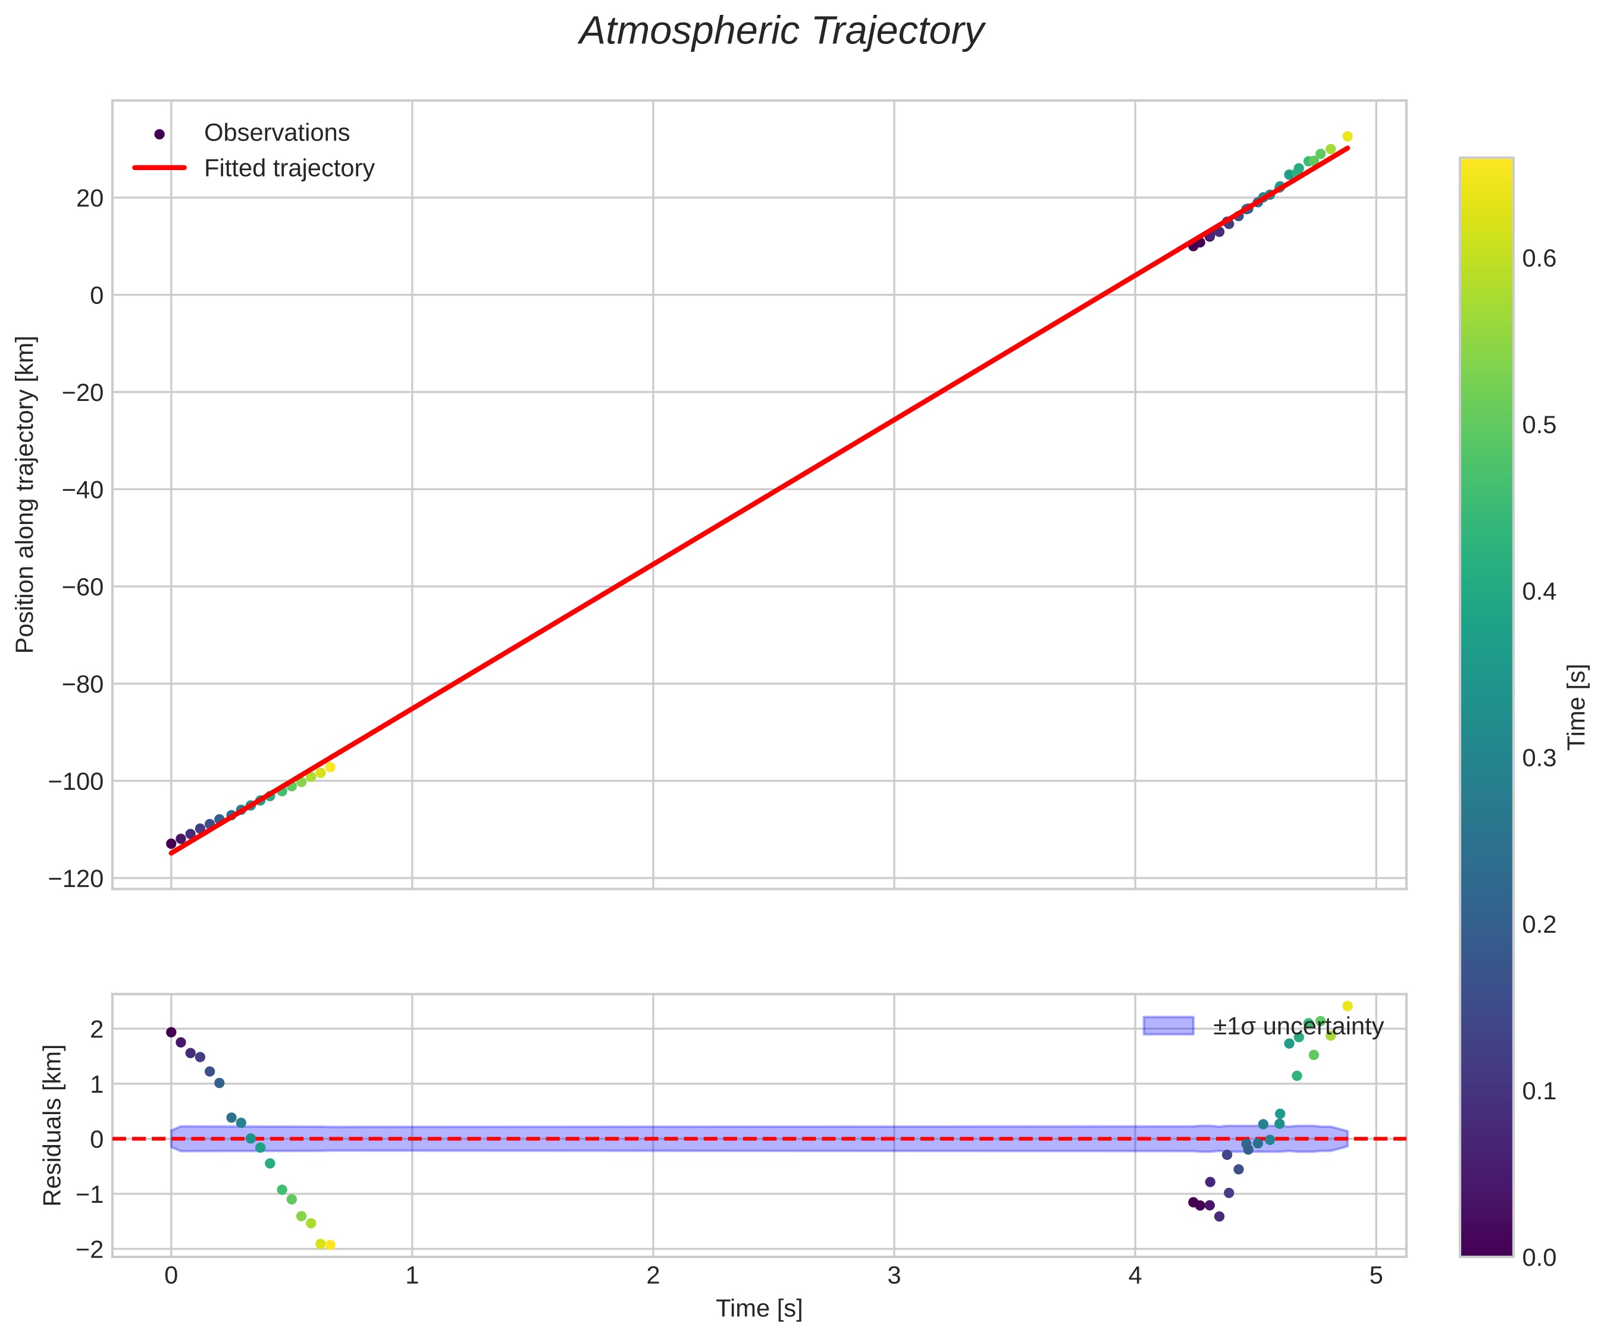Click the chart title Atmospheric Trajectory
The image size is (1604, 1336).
[x=781, y=32]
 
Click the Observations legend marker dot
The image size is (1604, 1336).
[x=159, y=134]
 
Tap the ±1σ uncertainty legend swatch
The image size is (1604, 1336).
[x=1168, y=1026]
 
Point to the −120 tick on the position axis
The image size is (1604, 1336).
[x=76, y=879]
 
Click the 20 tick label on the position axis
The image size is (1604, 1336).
[x=90, y=199]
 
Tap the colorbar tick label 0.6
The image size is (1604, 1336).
[x=1539, y=259]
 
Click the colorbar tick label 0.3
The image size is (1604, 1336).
[x=1539, y=758]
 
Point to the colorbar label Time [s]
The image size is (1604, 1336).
[x=1577, y=707]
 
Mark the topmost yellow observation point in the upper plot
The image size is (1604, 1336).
[x=1348, y=137]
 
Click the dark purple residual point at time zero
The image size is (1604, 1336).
[x=171, y=1032]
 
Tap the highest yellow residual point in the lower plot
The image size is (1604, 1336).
[x=1348, y=1006]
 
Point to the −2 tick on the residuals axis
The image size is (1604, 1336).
[x=90, y=1249]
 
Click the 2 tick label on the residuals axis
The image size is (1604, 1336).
[x=96, y=1029]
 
